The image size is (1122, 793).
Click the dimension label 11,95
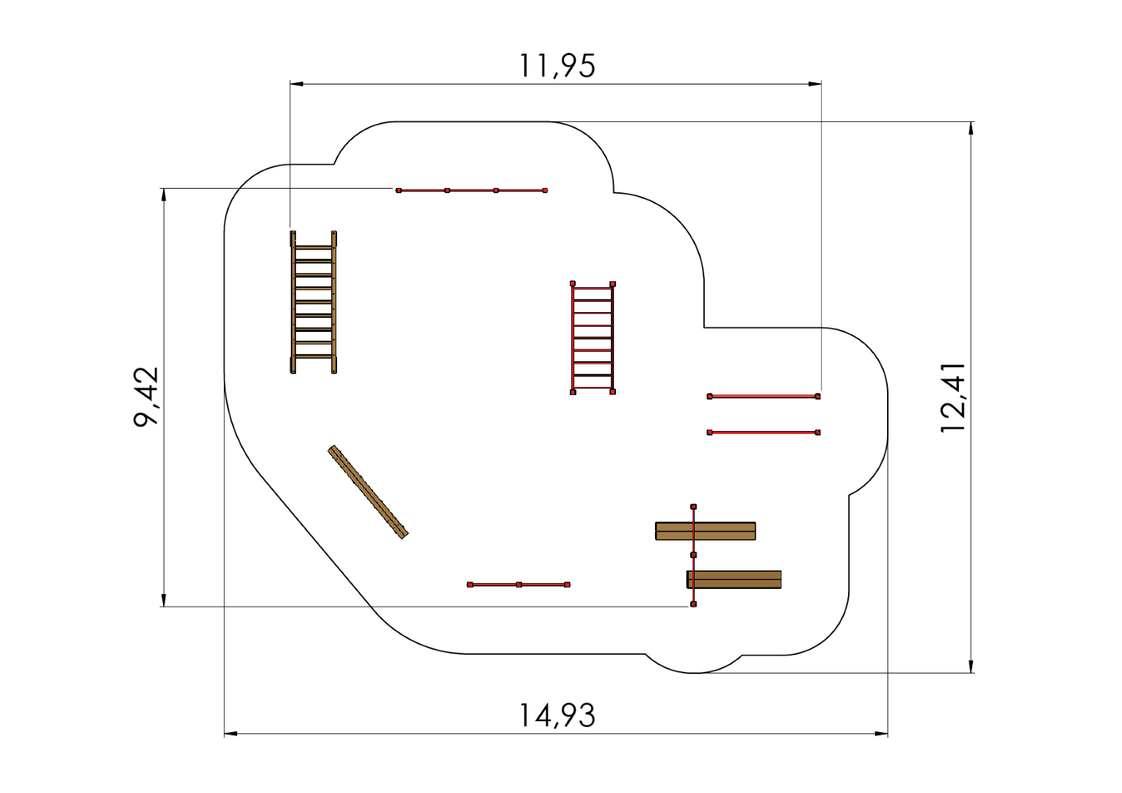[x=557, y=66]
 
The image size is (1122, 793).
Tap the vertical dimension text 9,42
[x=146, y=396]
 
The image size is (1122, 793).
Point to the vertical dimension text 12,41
[x=952, y=397]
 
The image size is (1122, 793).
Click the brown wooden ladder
[x=314, y=302]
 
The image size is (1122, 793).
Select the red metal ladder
[x=593, y=338]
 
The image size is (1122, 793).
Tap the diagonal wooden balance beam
[x=368, y=492]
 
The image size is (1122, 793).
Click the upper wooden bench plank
[x=705, y=531]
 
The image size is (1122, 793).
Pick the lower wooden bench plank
[x=734, y=579]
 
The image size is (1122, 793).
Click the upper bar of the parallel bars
[x=764, y=396]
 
